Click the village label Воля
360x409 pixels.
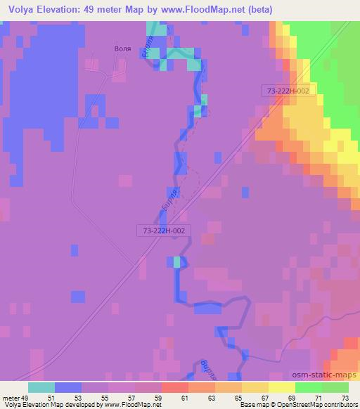[122, 49]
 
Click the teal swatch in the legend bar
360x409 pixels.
[41, 388]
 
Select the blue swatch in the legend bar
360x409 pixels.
[68, 388]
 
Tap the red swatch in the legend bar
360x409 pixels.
[175, 388]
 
